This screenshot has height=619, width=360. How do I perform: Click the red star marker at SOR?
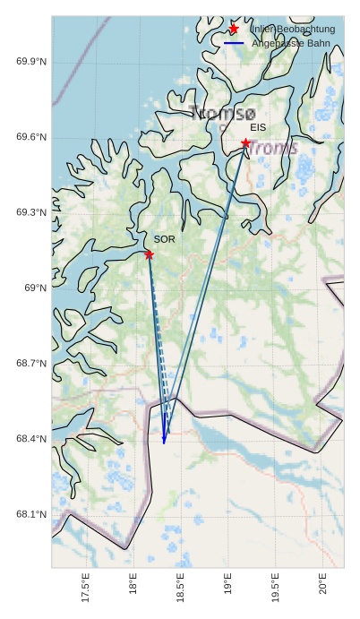(x=149, y=254)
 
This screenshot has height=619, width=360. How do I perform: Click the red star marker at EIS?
(x=245, y=143)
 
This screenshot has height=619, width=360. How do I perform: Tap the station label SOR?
(x=164, y=239)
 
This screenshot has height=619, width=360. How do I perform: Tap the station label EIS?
(x=258, y=128)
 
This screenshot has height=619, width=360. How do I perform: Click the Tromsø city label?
(x=223, y=113)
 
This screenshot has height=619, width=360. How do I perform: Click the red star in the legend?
(x=234, y=29)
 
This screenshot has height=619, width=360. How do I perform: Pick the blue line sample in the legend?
(x=234, y=43)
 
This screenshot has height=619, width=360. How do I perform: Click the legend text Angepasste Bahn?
(x=290, y=43)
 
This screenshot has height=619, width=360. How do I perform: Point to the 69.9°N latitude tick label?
(x=31, y=61)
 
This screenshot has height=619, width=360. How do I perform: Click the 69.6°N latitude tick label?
(x=31, y=137)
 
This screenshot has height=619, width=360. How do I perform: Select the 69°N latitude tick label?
(x=35, y=288)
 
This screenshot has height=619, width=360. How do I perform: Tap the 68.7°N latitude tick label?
(x=31, y=363)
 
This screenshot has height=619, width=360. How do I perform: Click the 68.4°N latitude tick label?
(x=31, y=438)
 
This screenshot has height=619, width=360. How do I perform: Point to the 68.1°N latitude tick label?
(x=31, y=514)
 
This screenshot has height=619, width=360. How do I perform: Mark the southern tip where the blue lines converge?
(x=164, y=443)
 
